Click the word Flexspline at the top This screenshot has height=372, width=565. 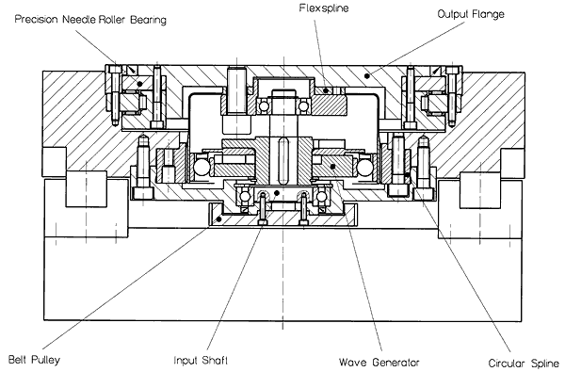click(x=324, y=8)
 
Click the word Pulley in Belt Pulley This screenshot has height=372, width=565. click(x=46, y=360)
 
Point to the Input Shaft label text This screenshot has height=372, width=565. click(x=201, y=360)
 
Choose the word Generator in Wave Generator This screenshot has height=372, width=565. click(x=395, y=362)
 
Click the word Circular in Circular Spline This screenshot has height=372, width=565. click(x=508, y=363)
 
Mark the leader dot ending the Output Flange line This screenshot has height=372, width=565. click(x=367, y=75)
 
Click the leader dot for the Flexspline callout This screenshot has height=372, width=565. click(x=326, y=90)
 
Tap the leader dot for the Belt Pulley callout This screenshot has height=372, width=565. click(x=218, y=218)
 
